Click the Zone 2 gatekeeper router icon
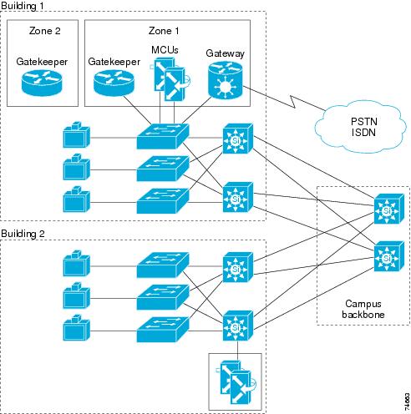point(42,83)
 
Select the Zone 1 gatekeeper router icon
point(114,83)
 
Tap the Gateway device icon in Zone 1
point(226,80)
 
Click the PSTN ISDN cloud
point(361,128)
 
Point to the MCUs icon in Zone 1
point(170,79)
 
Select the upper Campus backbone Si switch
point(388,209)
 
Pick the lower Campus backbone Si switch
point(388,256)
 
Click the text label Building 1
point(23,6)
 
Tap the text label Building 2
point(23,234)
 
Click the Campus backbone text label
point(363,309)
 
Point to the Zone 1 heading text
point(164,31)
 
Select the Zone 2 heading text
point(45,31)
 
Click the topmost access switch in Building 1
point(163,137)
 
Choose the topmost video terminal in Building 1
point(77,134)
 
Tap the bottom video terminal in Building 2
point(77,328)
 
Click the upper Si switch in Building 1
point(238,139)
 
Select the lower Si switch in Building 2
point(238,326)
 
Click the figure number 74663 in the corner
point(407,401)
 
